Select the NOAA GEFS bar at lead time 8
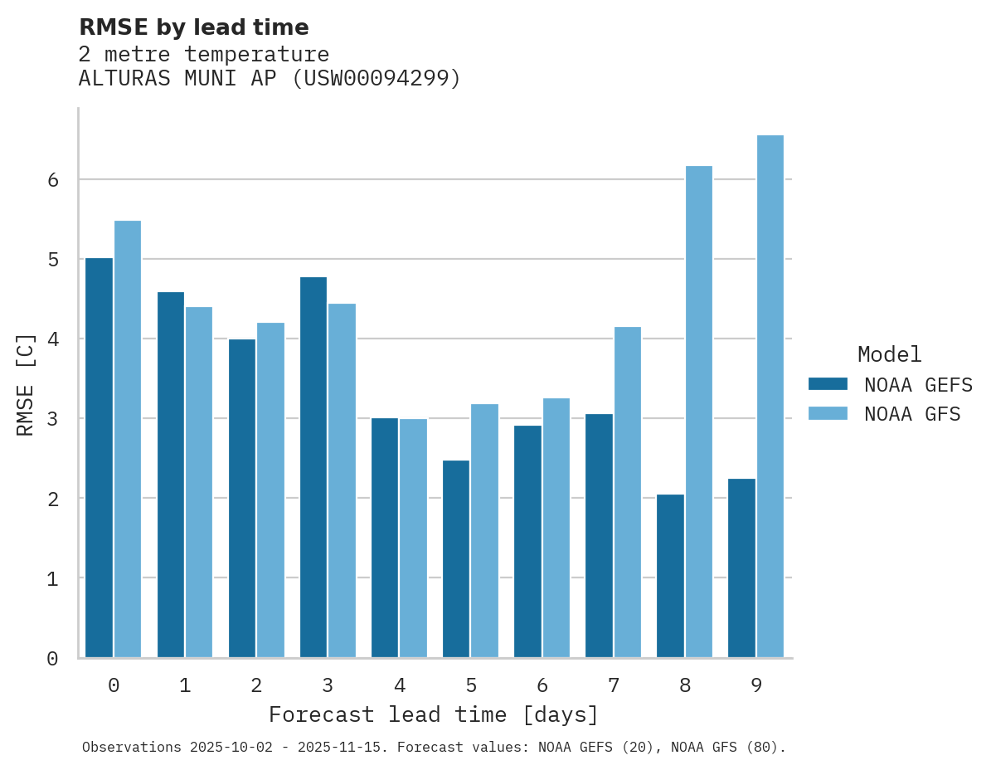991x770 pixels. tap(670, 576)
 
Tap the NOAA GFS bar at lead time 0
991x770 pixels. tap(128, 439)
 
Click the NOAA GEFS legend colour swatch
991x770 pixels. tap(828, 384)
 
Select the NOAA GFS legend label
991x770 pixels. tap(912, 414)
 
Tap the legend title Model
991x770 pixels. tap(889, 354)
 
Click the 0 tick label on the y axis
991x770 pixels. tap(52, 659)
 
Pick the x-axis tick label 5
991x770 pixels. tap(471, 686)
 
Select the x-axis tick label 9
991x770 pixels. tap(756, 686)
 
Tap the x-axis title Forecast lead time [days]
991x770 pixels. tap(433, 714)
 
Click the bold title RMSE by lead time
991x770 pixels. tap(193, 27)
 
